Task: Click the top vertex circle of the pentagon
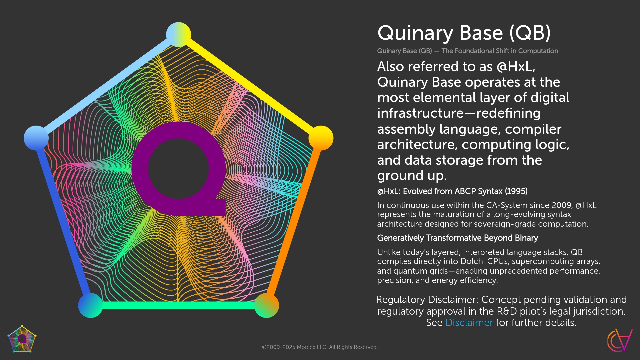(178, 35)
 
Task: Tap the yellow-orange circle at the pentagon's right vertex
(321, 138)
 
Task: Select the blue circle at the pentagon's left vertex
(36, 138)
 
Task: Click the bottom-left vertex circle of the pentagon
(90, 305)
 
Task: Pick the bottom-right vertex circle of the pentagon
(267, 305)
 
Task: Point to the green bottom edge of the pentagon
(178, 305)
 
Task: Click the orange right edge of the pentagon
(294, 222)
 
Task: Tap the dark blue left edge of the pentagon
(63, 222)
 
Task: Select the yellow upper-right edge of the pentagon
(250, 86)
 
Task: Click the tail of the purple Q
(218, 207)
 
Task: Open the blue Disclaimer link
(469, 323)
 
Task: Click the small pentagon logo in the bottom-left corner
(22, 339)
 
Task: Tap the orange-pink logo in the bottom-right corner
(620, 340)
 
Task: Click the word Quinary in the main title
(415, 33)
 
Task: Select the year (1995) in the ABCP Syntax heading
(516, 191)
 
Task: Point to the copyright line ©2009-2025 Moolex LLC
(320, 347)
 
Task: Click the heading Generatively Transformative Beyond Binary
(457, 238)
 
